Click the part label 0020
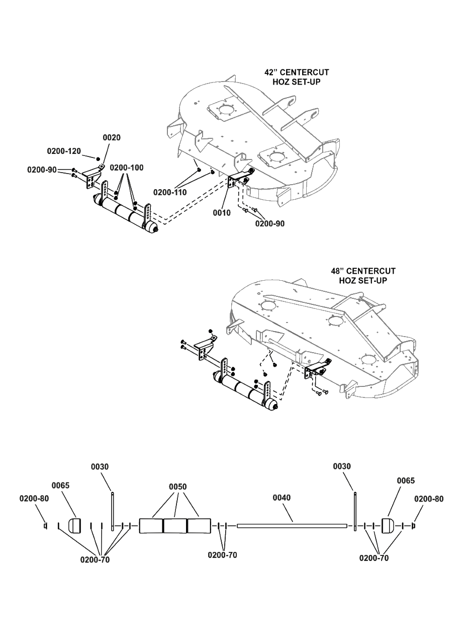[112, 138]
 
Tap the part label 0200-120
[64, 151]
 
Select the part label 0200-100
[126, 168]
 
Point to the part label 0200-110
[170, 192]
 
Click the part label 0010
[222, 213]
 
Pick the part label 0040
[282, 498]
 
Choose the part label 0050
[177, 487]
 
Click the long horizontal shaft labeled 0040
[292, 526]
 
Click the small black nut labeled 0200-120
[98, 158]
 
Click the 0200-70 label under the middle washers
[222, 555]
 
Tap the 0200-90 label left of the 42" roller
[42, 170]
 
